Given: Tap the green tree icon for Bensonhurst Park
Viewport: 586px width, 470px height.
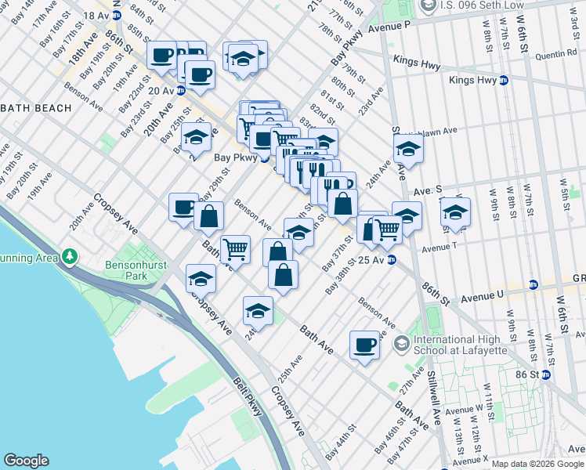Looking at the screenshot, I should [x=71, y=255].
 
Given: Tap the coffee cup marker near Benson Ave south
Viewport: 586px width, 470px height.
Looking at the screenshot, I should [x=364, y=345].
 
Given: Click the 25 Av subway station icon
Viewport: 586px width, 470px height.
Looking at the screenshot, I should [x=391, y=260].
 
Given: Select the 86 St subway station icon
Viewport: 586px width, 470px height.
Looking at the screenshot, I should [x=545, y=374].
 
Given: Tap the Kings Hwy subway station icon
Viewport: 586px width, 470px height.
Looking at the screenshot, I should [x=503, y=80].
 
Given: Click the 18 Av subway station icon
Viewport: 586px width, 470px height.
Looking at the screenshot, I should [x=118, y=16].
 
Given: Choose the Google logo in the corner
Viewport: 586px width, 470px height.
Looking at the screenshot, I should [x=26, y=461].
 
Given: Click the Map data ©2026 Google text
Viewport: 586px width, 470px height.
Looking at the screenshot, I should [x=537, y=464].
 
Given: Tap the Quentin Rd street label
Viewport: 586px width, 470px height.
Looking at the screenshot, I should [x=556, y=56].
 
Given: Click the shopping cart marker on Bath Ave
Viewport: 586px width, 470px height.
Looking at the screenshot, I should [x=235, y=250].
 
